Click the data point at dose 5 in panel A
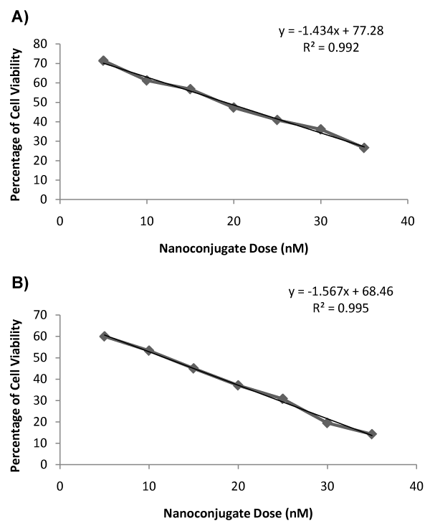tap(103, 61)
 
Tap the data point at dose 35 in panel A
tap(364, 148)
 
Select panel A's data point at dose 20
tap(234, 108)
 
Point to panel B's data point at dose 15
tap(193, 368)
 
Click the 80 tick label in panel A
tap(42, 44)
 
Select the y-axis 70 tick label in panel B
tap(42, 315)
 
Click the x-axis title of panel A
tap(234, 248)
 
